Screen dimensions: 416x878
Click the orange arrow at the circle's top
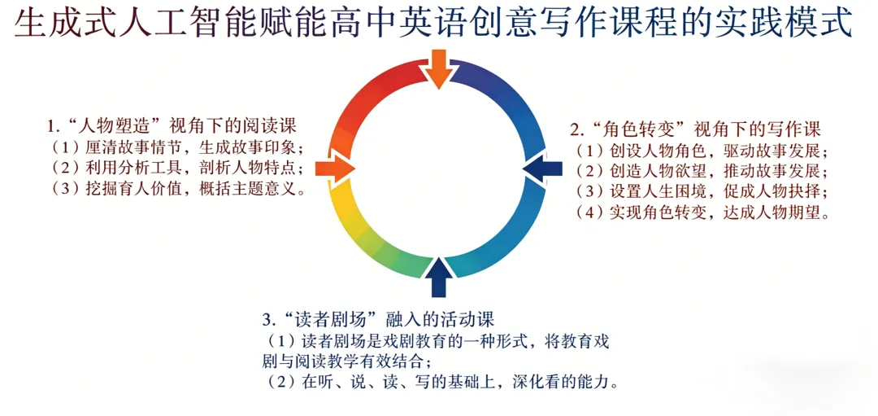[x=439, y=68]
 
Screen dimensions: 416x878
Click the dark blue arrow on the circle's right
[x=541, y=169]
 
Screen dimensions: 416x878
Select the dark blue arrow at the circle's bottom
[x=439, y=277]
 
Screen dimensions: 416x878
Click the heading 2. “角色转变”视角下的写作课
[x=695, y=129]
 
